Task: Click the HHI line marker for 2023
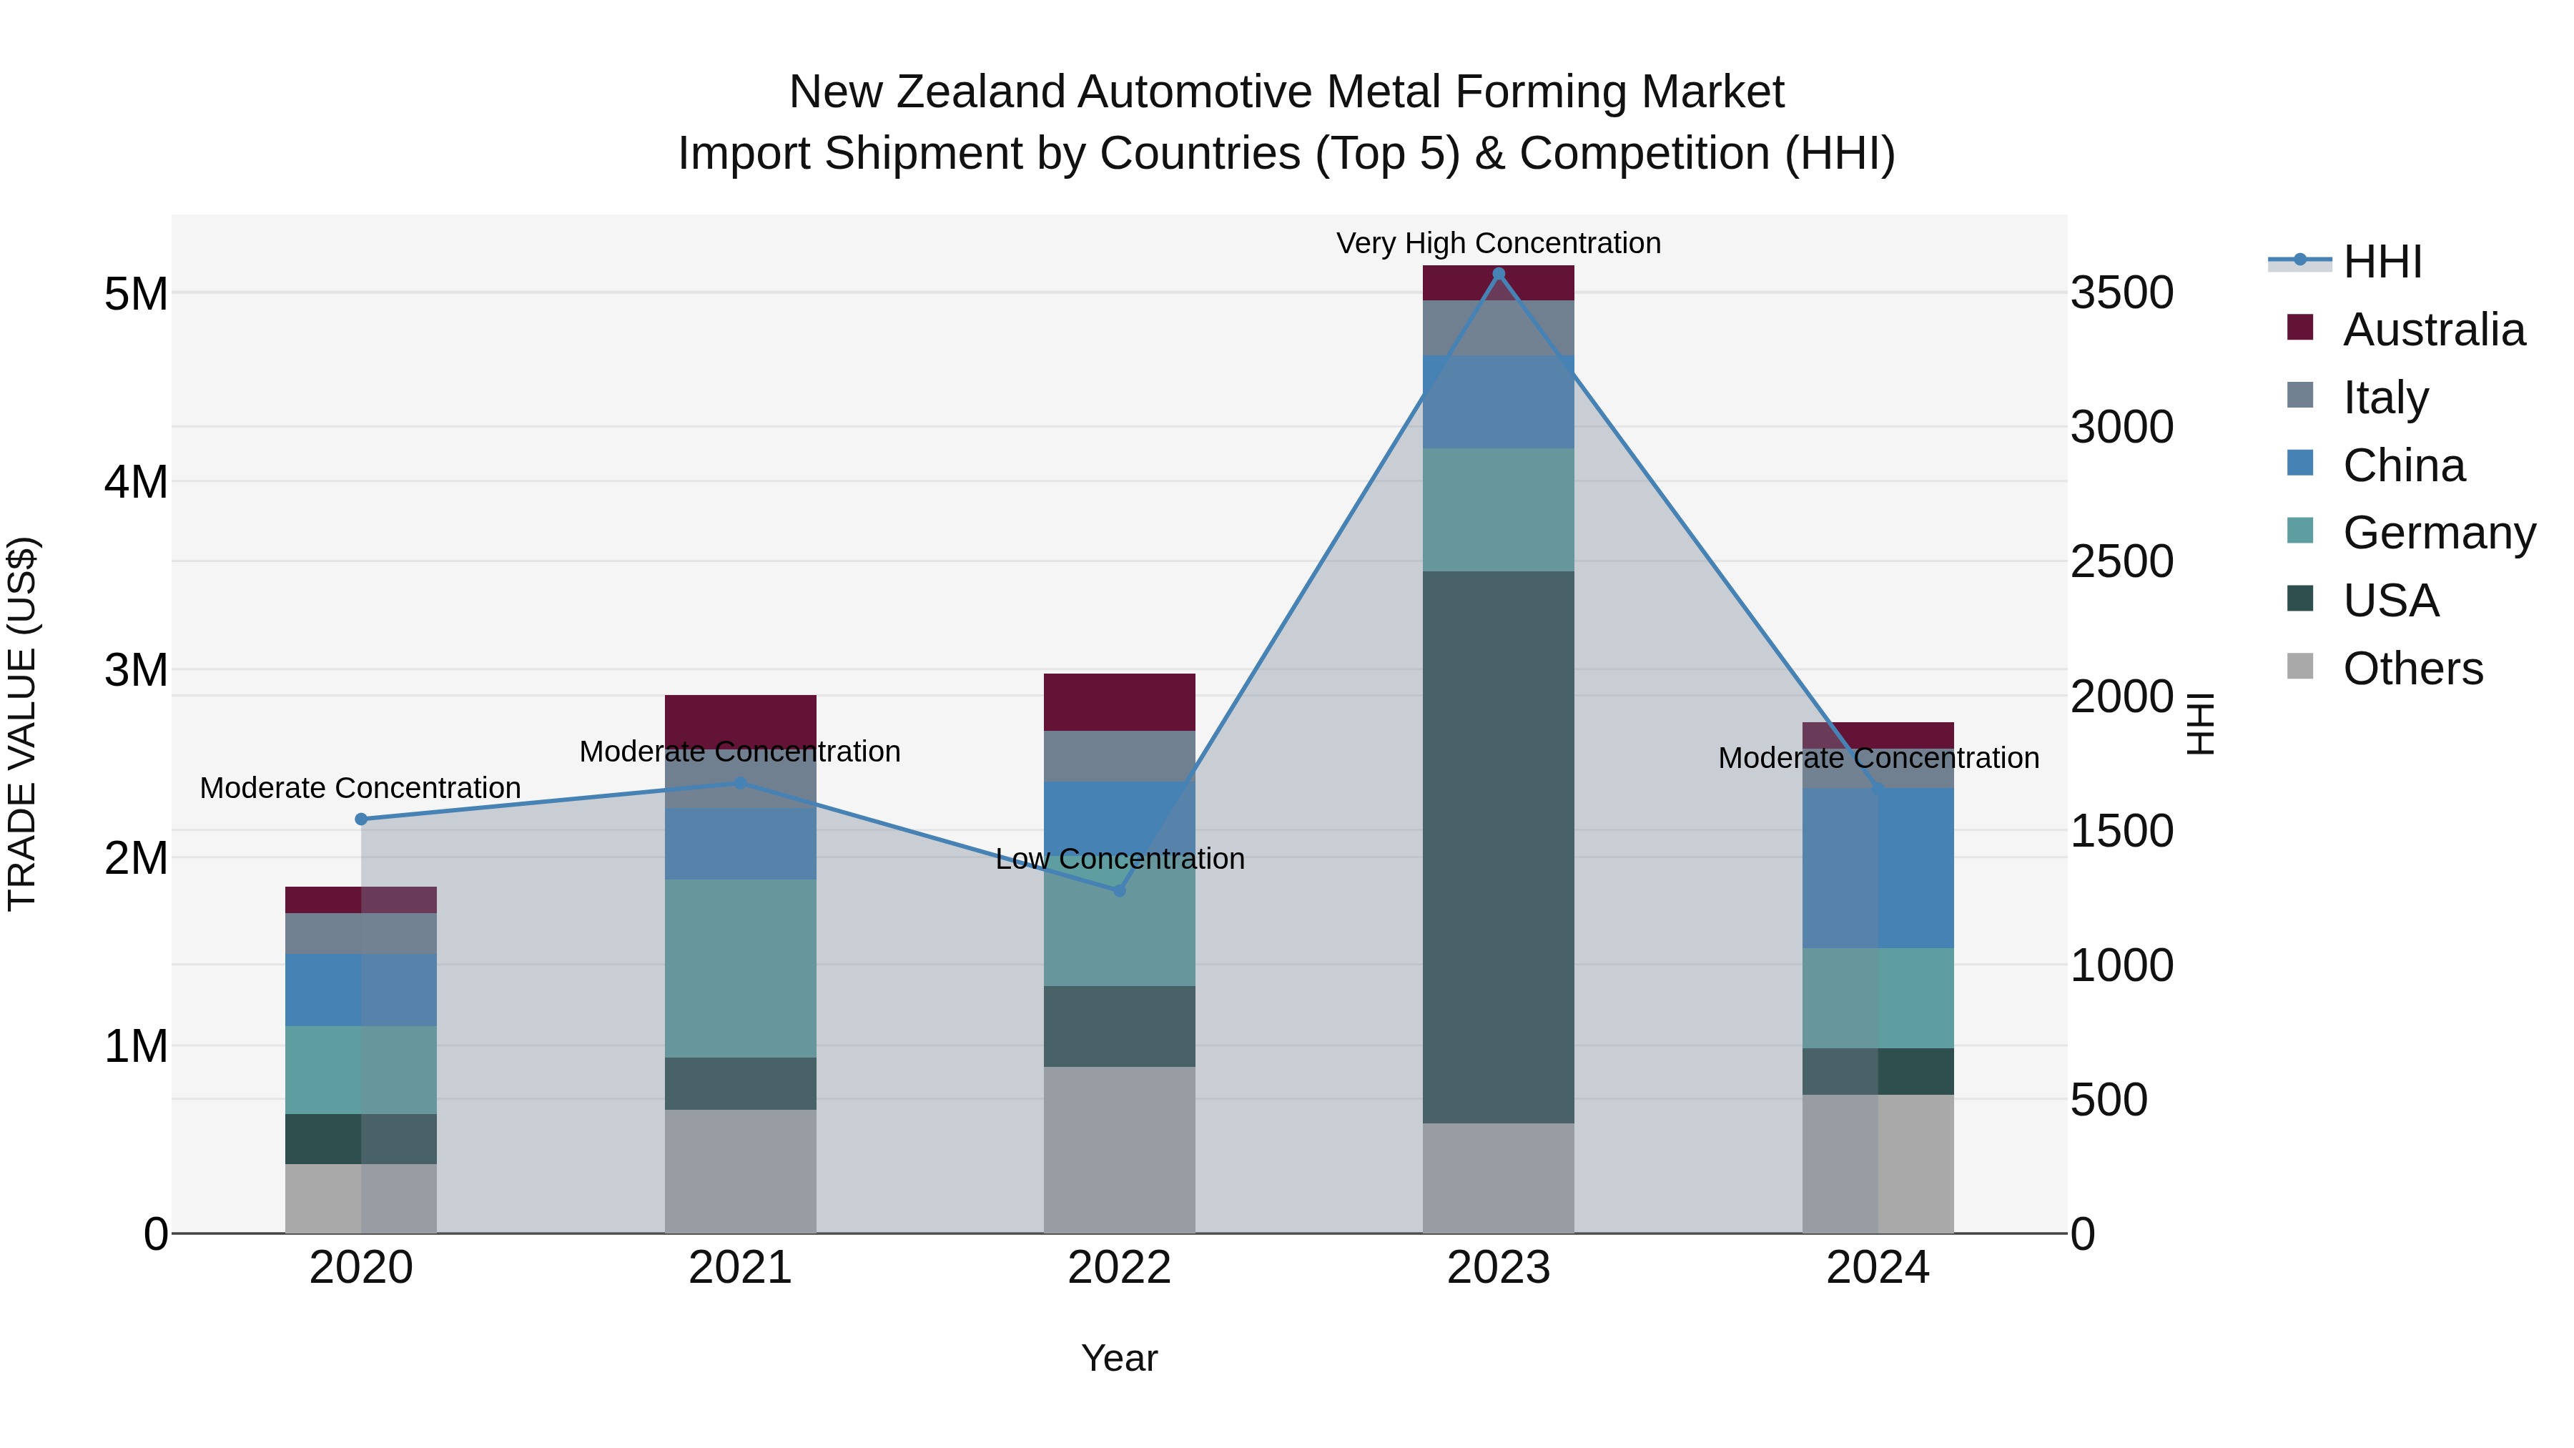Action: click(x=1498, y=274)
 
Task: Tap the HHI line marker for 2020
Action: click(x=362, y=819)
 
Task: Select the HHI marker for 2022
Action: click(x=1119, y=890)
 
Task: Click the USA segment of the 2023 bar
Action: click(x=1498, y=847)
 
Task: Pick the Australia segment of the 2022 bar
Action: click(x=1119, y=702)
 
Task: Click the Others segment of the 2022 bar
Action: click(x=1119, y=1149)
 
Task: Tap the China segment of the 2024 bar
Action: click(x=1878, y=868)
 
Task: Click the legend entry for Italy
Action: click(x=2385, y=398)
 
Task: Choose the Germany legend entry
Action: click(x=2438, y=533)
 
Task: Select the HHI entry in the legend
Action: click(x=2381, y=262)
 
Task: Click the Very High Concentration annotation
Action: click(x=1498, y=244)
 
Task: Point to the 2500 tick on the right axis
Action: click(x=2121, y=561)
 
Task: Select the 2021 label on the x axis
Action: click(x=741, y=1268)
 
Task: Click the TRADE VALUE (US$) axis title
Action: click(x=22, y=724)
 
